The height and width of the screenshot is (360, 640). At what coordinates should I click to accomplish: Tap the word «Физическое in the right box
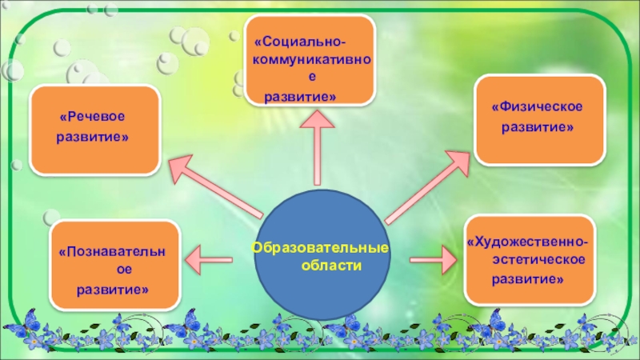[536, 107]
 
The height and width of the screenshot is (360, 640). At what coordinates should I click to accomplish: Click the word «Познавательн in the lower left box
[111, 253]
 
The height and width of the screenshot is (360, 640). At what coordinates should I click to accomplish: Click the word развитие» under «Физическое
[537, 126]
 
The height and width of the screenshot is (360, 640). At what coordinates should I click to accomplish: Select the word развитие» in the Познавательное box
[112, 288]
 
